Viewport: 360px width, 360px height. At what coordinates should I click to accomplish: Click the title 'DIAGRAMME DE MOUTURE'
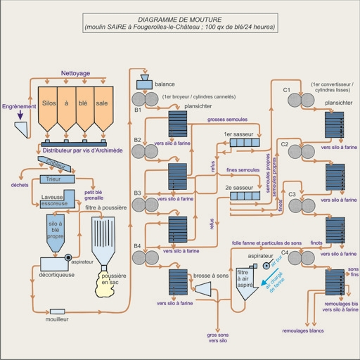[179, 19]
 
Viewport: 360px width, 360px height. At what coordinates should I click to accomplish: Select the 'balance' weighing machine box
[146, 83]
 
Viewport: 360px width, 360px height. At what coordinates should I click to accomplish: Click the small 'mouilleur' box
[56, 311]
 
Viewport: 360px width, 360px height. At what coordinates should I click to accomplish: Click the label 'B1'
[138, 110]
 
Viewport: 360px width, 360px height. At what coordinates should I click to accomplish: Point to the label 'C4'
[285, 251]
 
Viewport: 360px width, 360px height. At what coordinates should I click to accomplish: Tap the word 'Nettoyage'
[75, 73]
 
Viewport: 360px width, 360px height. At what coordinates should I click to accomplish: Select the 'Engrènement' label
[19, 107]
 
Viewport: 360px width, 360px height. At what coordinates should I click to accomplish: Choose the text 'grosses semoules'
[227, 120]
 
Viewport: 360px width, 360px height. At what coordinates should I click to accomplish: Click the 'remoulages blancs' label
[302, 330]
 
